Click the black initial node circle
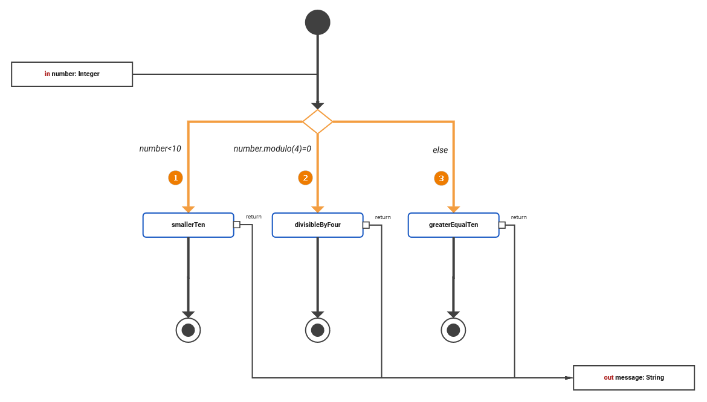(x=318, y=22)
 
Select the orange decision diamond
(x=318, y=122)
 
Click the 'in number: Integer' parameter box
(x=72, y=74)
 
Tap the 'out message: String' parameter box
(x=634, y=377)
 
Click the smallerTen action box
(x=188, y=225)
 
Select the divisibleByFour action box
(x=317, y=225)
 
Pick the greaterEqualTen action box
(x=453, y=225)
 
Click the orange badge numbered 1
(x=175, y=178)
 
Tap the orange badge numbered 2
(x=305, y=178)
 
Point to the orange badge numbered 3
(x=441, y=178)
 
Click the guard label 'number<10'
(x=160, y=148)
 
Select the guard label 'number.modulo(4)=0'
(x=272, y=148)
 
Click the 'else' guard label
(x=440, y=150)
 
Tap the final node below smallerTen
(x=188, y=330)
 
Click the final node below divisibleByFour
(x=318, y=330)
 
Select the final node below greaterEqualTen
(x=453, y=330)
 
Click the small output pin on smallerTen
(x=237, y=225)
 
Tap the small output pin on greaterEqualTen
(x=502, y=225)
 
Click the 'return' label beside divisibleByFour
(x=383, y=217)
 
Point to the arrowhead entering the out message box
(x=569, y=378)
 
